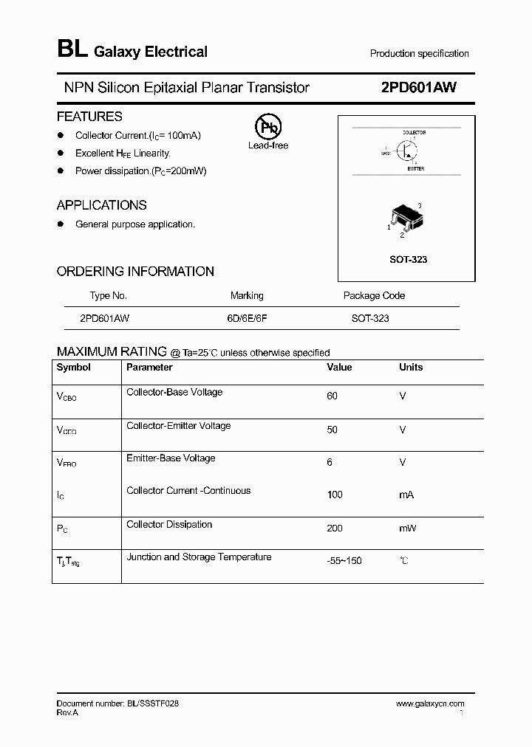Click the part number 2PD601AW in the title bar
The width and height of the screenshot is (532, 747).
click(x=418, y=87)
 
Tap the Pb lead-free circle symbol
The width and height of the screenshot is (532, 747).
click(x=267, y=127)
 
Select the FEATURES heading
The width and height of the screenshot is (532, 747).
click(x=89, y=117)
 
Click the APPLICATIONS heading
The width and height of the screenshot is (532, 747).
click(x=102, y=205)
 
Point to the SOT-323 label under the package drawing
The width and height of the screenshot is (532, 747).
click(x=408, y=260)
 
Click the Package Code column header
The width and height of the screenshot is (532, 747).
click(x=374, y=295)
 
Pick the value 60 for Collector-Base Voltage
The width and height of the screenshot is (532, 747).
click(x=332, y=396)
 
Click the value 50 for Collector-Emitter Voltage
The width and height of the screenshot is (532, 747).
click(x=332, y=430)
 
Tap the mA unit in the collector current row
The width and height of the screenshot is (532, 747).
click(x=406, y=495)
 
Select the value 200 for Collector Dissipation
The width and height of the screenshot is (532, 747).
click(x=335, y=529)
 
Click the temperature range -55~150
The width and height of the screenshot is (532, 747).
click(x=344, y=561)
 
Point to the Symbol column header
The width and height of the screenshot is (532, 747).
click(x=74, y=367)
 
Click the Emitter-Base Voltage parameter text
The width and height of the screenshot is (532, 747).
click(x=171, y=458)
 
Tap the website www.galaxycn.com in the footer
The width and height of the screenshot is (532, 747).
click(x=430, y=704)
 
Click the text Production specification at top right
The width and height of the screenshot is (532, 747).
click(x=419, y=53)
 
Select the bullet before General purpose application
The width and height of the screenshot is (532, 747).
click(x=61, y=224)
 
